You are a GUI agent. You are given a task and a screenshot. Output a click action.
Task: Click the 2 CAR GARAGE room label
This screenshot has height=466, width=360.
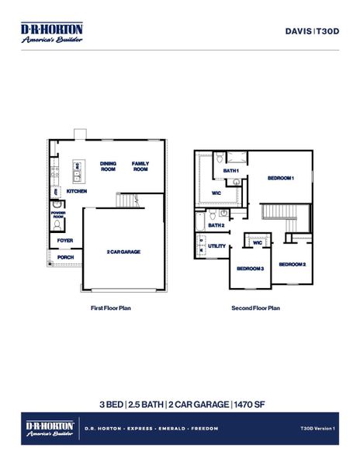pyautogui.click(x=123, y=252)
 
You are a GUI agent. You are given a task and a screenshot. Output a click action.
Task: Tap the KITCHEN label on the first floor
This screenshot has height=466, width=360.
pyautogui.click(x=76, y=191)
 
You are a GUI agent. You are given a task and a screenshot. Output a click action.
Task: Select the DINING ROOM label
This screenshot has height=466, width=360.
pyautogui.click(x=108, y=166)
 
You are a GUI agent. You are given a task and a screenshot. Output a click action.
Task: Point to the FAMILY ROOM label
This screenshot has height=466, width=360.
pyautogui.click(x=140, y=166)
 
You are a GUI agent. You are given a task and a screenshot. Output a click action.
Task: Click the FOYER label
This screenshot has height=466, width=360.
pyautogui.click(x=65, y=241)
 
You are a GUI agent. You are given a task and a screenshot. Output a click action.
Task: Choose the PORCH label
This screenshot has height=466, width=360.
pyautogui.click(x=65, y=257)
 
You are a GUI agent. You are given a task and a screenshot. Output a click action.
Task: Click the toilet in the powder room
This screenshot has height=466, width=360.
pyautogui.click(x=58, y=224)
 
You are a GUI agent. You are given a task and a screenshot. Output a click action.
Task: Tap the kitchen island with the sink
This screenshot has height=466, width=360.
pyautogui.click(x=78, y=167)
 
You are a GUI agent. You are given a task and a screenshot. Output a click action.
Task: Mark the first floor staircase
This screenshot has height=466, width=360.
pyautogui.click(x=127, y=200)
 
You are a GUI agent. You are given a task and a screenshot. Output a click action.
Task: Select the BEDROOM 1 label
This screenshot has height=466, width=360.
pyautogui.click(x=280, y=178)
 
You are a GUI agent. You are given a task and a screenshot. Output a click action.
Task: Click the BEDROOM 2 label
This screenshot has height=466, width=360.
pyautogui.click(x=292, y=265)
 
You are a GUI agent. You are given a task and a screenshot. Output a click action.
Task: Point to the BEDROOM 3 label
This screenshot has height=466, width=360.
pyautogui.click(x=251, y=268)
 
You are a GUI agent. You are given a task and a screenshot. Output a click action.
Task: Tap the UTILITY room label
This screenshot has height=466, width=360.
pyautogui.click(x=217, y=246)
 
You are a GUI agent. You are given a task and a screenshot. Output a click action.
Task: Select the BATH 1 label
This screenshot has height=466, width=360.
pyautogui.click(x=230, y=170)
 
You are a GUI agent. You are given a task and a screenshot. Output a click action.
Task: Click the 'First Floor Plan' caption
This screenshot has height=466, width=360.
pyautogui.click(x=111, y=308)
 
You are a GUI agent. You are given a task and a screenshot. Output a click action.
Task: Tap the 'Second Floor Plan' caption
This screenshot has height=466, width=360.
pyautogui.click(x=255, y=308)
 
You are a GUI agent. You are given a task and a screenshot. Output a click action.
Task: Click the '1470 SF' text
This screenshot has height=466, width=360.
pyautogui.click(x=247, y=404)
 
